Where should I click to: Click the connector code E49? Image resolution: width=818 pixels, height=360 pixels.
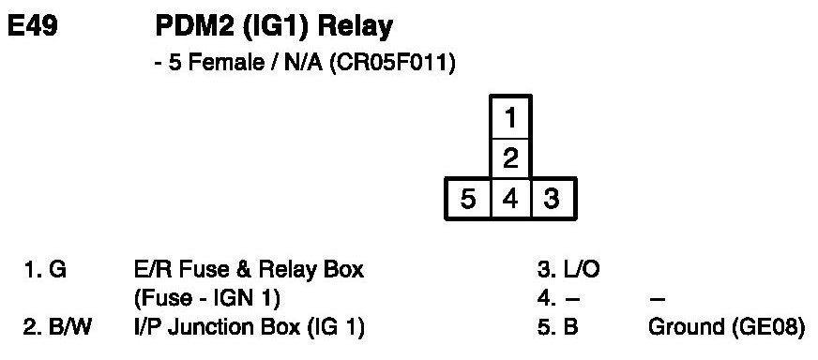coord(32,26)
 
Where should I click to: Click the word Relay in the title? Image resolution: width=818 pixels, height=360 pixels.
coord(355,28)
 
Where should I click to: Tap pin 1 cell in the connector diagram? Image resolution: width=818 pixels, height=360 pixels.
coord(510,118)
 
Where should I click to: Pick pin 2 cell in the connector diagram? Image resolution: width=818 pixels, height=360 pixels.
coord(510,158)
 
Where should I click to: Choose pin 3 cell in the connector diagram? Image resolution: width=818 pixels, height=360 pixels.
coord(553,199)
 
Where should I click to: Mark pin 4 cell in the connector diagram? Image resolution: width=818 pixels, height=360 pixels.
coord(510,199)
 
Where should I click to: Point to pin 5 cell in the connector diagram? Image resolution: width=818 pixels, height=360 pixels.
coord(468,199)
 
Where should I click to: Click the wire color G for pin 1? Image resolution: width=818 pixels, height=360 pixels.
coord(57,270)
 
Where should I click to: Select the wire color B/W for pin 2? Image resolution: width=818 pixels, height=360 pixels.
coord(71,327)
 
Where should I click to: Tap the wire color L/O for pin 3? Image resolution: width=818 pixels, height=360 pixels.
coord(583,270)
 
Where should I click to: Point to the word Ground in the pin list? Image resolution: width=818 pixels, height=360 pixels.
coord(683,327)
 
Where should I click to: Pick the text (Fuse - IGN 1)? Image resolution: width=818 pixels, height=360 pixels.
coord(207,299)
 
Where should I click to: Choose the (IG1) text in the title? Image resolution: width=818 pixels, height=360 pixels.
coord(276,28)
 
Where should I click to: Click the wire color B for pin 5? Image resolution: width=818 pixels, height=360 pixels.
coord(570,327)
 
